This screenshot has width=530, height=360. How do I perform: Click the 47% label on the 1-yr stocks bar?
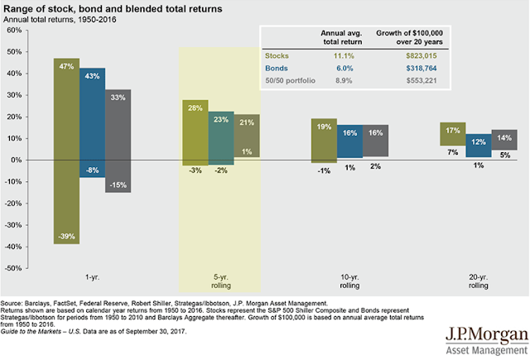click(67, 65)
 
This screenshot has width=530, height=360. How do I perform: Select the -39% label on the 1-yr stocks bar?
click(67, 237)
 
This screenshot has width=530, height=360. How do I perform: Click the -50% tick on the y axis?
click(13, 268)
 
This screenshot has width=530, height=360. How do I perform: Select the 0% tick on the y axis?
click(17, 160)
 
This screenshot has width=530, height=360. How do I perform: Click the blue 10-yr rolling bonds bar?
click(349, 141)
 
